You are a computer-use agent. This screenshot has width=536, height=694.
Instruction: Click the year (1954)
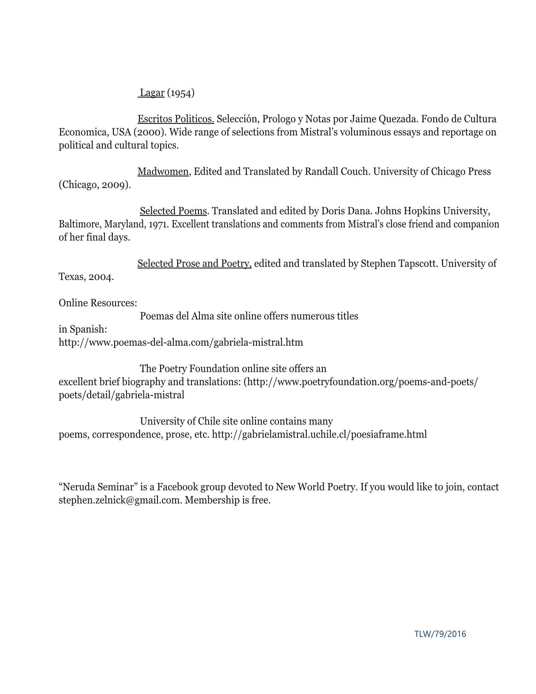181,93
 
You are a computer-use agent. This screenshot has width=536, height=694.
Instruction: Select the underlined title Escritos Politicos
176,119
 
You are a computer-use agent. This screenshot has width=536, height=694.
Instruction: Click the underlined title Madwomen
163,172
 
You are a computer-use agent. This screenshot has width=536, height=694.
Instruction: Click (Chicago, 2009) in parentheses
95,185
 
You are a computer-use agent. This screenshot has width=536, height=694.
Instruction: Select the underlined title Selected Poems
173,211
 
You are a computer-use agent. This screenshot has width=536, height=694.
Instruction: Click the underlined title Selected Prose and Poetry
194,263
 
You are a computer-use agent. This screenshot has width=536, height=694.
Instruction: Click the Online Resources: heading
98,303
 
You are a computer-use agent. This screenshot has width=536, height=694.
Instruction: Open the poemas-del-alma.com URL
181,342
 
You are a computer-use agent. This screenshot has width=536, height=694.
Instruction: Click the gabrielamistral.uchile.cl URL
319,434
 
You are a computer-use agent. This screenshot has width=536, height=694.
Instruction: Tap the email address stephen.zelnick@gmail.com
119,500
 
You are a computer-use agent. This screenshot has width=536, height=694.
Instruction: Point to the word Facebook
177,487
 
